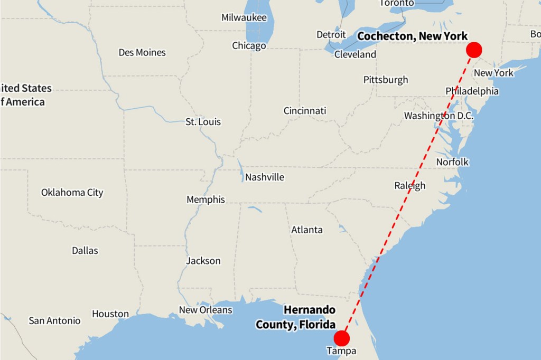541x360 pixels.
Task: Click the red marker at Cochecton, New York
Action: [x=474, y=50]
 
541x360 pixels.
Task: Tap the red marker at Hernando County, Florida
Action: [x=342, y=338]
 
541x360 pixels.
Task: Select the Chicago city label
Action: [x=249, y=46]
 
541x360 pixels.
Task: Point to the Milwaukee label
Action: [x=244, y=17]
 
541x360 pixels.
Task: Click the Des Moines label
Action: [x=142, y=52]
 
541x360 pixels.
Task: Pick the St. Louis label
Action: [x=203, y=122]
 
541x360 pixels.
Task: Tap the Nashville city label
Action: [x=264, y=177]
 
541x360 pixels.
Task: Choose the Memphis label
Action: [x=206, y=200]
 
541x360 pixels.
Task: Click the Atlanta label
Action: [x=307, y=230]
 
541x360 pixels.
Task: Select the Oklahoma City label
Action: [x=72, y=192]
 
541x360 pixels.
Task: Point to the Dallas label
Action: [x=85, y=250]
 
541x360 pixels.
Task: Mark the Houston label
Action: [x=110, y=314]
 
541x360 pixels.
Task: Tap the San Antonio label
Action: [x=54, y=320]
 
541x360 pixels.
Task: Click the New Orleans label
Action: [x=206, y=310]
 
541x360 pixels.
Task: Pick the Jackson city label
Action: [x=203, y=261]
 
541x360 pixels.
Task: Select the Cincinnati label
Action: [x=305, y=111]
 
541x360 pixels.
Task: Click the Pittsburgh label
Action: [x=386, y=80]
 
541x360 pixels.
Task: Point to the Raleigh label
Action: [x=409, y=185]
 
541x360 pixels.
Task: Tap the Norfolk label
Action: [x=452, y=162]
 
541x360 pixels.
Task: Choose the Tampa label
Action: [x=341, y=351]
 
